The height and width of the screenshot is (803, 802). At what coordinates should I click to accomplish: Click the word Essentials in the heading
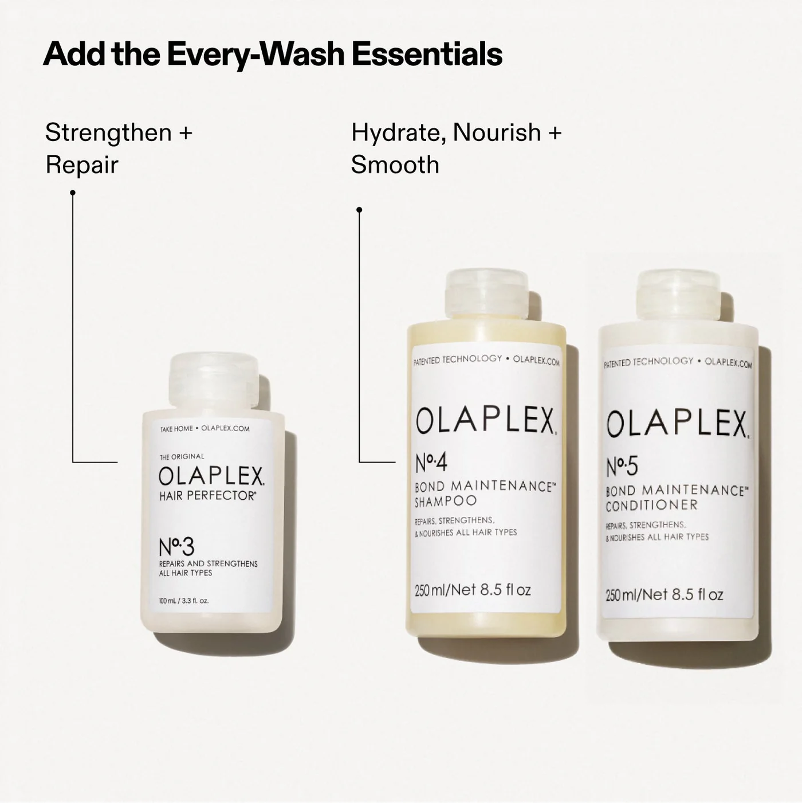[427, 54]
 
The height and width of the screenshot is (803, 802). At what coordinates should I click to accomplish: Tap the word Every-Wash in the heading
[255, 54]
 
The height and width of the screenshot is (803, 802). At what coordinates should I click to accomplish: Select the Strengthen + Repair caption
[119, 148]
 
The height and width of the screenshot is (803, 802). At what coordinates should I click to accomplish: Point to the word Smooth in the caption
[395, 165]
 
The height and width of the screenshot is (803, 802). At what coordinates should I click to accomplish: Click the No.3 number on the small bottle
[176, 547]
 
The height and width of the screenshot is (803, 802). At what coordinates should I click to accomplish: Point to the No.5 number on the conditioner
[622, 467]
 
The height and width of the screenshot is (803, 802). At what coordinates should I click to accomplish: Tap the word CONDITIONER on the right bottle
[651, 505]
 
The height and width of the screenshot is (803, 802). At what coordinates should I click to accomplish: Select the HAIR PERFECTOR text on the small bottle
[207, 496]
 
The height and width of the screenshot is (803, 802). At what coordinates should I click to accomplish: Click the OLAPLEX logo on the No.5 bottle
[677, 424]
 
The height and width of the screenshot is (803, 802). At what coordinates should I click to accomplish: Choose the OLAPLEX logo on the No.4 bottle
[485, 421]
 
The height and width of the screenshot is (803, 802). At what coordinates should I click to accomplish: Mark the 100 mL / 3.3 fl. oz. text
[183, 601]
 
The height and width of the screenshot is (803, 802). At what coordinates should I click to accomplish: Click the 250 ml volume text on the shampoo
[473, 590]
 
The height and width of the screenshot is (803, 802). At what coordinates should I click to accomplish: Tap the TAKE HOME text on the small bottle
[176, 429]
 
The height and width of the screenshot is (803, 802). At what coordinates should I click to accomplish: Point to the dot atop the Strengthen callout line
[73, 193]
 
